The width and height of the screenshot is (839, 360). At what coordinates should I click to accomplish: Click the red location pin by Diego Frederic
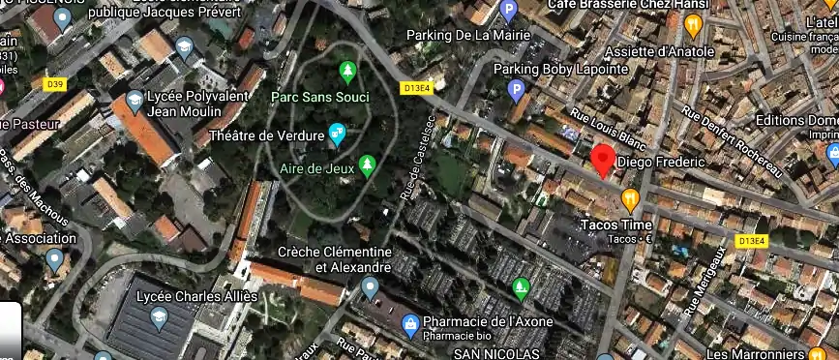[604, 159]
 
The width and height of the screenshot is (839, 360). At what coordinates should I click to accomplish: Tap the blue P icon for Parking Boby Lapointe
[516, 91]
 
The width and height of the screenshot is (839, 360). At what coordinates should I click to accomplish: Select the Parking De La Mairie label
[469, 36]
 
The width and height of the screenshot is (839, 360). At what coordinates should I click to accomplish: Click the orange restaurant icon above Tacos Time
[631, 200]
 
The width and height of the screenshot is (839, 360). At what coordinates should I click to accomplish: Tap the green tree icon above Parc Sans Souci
[347, 71]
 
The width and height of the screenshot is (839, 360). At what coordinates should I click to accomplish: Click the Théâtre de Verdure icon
[338, 135]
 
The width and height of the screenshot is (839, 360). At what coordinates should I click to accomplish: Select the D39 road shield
[54, 84]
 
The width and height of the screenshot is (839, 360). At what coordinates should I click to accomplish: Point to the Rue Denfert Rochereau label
[732, 140]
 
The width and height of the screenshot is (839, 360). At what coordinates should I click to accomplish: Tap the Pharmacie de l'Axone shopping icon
[410, 322]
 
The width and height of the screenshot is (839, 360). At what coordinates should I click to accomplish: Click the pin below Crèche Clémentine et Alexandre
[370, 287]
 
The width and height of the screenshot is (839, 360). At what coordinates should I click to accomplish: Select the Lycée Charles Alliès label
[197, 296]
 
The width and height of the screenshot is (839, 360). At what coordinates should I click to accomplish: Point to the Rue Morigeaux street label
[705, 281]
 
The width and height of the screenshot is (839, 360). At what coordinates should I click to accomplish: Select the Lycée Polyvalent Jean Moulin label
[193, 105]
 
